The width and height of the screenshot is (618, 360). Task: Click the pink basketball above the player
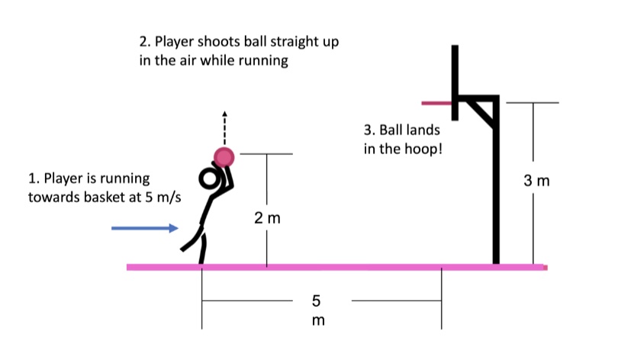224,157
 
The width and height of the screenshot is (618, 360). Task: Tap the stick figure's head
208,179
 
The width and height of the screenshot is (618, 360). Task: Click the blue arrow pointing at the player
145,228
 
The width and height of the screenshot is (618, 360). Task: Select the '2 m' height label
267,219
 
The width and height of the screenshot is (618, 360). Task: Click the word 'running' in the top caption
264,61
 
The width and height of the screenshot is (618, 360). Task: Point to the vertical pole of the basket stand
497,191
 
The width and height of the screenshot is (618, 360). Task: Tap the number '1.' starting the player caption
33,178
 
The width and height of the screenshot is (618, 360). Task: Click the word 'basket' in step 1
101,198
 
